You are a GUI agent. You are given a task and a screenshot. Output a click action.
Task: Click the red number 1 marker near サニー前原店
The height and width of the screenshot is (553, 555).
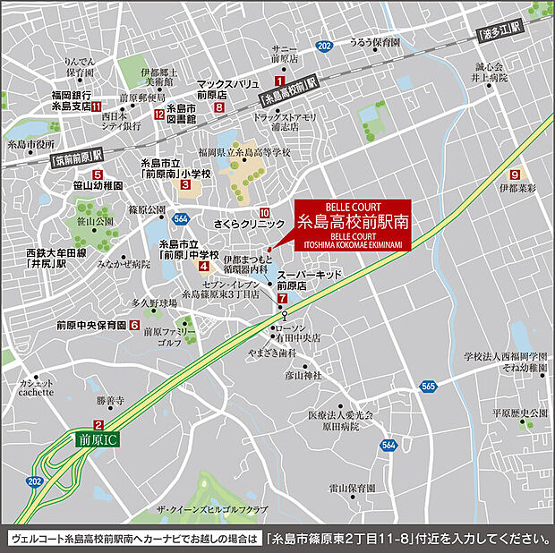[279, 81]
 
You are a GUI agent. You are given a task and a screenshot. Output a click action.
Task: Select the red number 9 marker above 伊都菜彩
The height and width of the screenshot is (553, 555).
[515, 174]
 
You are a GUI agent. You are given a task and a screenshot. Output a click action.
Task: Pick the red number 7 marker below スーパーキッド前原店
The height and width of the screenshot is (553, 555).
[282, 298]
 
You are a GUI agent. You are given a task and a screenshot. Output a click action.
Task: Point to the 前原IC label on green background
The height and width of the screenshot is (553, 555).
[99, 440]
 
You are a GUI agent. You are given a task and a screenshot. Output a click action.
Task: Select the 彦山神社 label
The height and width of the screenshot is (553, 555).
[303, 375]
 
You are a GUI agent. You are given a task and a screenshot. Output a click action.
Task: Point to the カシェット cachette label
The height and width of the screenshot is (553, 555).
[36, 387]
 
